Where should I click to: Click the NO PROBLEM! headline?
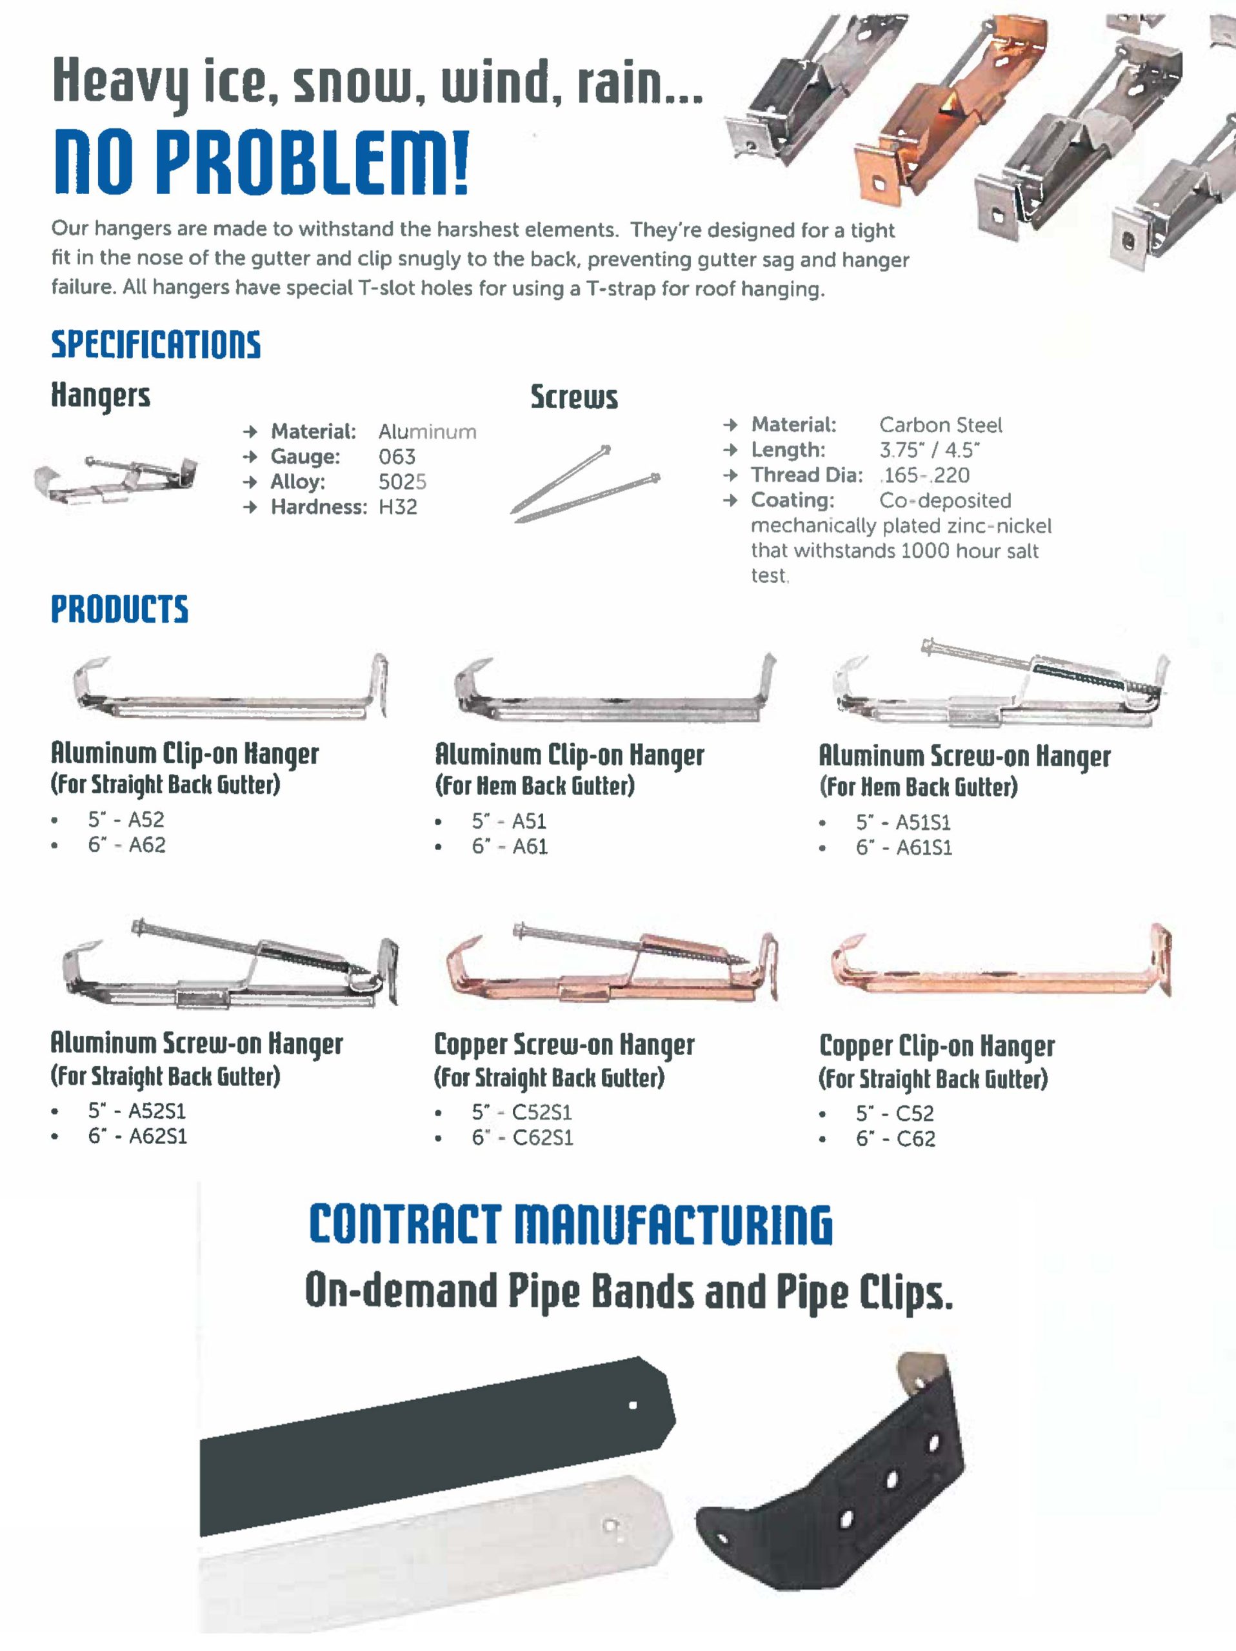click(x=261, y=162)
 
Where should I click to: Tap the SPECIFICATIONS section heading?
click(x=156, y=344)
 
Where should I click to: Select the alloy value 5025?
click(x=403, y=481)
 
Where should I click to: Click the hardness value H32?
click(x=398, y=507)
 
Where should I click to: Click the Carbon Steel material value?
click(x=941, y=425)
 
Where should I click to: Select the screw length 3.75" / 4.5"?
click(x=929, y=450)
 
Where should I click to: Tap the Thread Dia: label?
click(x=806, y=475)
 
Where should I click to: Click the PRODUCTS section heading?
click(x=119, y=609)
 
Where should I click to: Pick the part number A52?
click(x=146, y=820)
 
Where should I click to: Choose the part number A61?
click(x=530, y=846)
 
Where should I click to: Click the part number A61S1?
click(x=924, y=847)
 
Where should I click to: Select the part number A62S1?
click(x=157, y=1136)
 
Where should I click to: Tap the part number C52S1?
click(x=542, y=1112)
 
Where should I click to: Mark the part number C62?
click(x=915, y=1138)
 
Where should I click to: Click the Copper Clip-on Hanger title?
click(x=937, y=1045)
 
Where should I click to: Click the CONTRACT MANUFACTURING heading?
click(x=570, y=1224)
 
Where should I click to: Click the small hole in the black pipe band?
click(x=633, y=1405)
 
